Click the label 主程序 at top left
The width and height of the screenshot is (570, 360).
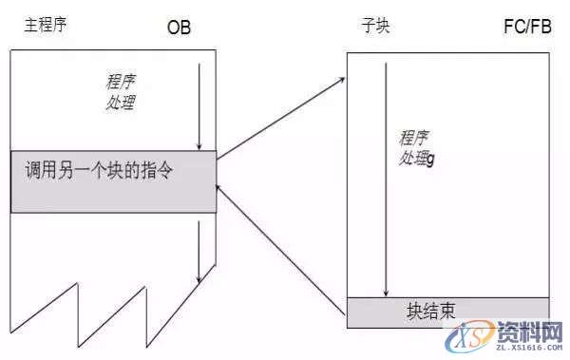click(x=44, y=21)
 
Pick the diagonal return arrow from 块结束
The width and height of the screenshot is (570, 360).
click(x=280, y=249)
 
